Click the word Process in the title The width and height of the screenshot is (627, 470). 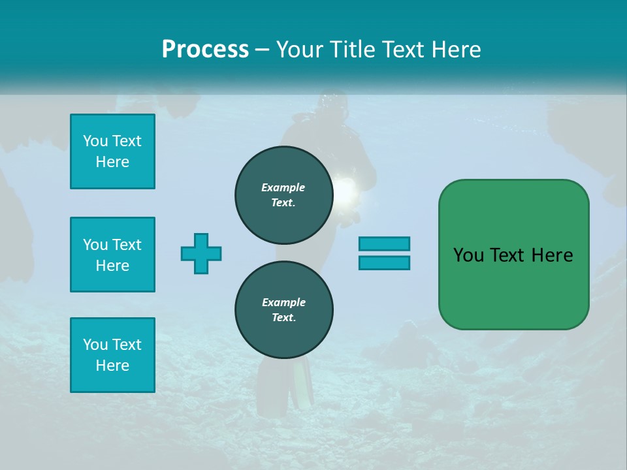[x=205, y=50]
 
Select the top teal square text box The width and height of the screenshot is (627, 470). [x=112, y=151]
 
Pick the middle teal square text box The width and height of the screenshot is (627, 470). [x=112, y=255]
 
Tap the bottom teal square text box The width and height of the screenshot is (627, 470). [x=112, y=355]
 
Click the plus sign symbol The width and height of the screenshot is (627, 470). [x=201, y=253]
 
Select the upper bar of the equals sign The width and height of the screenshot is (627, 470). [x=384, y=243]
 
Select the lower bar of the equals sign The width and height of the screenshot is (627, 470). [x=384, y=262]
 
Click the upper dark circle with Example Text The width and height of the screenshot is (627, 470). [x=283, y=195]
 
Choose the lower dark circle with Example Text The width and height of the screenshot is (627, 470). [x=283, y=310]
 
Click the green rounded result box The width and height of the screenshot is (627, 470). [x=513, y=255]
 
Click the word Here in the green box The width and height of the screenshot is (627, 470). [x=552, y=255]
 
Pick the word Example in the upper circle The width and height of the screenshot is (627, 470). [x=283, y=187]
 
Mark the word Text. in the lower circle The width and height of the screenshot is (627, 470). [x=283, y=318]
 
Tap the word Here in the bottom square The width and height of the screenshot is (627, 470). [x=112, y=366]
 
